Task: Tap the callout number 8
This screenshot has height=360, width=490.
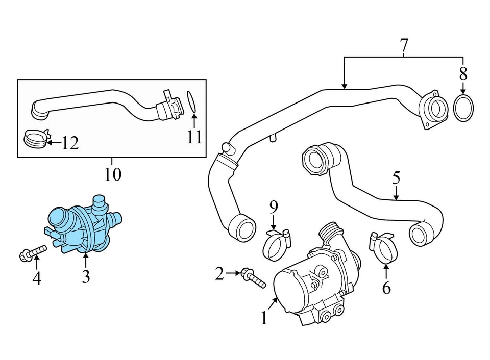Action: [463, 73]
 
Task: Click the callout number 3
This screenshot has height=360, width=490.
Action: [85, 277]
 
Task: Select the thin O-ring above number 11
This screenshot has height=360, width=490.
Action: [191, 101]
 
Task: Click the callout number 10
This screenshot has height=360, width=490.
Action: [113, 175]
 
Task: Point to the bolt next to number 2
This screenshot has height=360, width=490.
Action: [254, 277]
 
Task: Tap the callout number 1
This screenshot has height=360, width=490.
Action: [263, 319]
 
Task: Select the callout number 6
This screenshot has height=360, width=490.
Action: [386, 288]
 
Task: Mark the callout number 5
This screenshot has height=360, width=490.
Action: [396, 178]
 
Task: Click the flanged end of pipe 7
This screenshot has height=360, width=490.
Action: [432, 109]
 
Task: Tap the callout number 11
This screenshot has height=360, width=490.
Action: [194, 138]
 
